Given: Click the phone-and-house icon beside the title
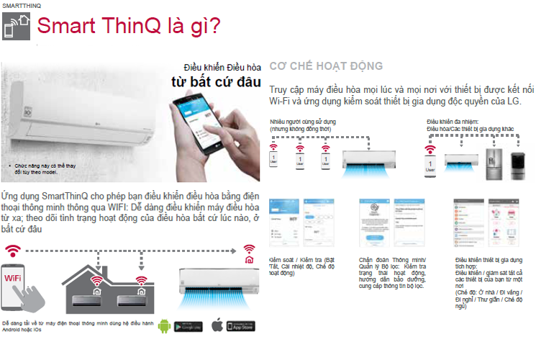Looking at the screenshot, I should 16,26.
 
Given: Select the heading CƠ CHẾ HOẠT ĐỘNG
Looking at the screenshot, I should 326,66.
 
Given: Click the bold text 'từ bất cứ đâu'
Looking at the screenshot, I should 215,81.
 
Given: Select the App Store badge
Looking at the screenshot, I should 242,325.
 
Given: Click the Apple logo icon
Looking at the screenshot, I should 217,325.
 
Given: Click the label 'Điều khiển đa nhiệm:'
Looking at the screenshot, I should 452,122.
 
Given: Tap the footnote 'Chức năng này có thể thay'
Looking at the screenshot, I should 44,165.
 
